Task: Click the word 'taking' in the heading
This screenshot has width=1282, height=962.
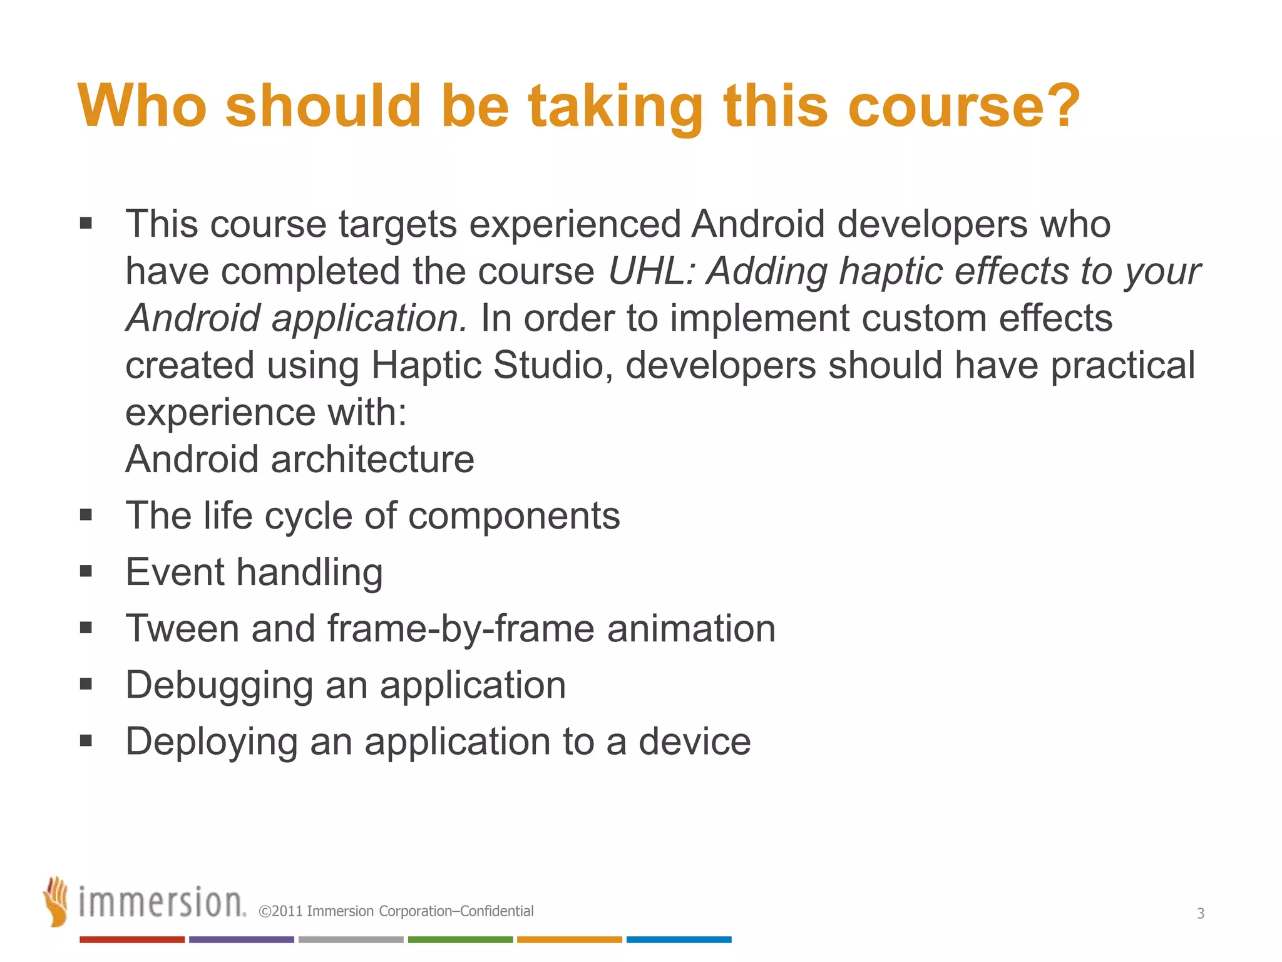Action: point(616,106)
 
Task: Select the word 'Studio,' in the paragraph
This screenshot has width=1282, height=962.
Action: point(553,365)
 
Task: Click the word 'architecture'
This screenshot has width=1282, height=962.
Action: point(372,459)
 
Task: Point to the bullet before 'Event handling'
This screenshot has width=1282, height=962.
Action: point(86,571)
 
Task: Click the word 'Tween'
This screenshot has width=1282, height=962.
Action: point(182,628)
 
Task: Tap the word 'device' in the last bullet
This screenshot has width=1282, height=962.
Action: point(694,742)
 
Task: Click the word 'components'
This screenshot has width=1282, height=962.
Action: point(514,515)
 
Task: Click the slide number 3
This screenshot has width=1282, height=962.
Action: point(1201,913)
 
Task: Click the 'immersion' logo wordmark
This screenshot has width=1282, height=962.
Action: point(162,903)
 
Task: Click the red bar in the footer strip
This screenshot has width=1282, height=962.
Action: point(132,939)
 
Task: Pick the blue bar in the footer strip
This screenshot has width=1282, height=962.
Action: point(679,939)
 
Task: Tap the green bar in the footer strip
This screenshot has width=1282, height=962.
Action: point(460,939)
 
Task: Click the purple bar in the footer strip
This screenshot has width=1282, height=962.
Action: point(242,939)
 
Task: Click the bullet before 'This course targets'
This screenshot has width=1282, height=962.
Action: point(86,224)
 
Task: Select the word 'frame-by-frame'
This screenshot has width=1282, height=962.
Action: point(460,628)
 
